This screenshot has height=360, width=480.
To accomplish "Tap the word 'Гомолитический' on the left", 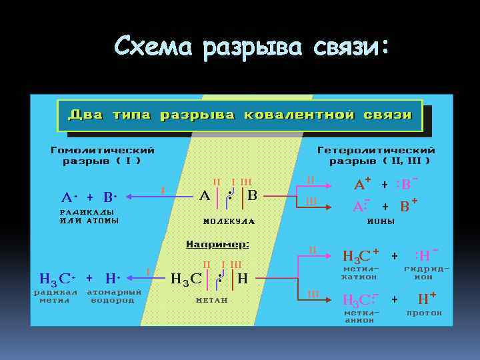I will tap(103, 150).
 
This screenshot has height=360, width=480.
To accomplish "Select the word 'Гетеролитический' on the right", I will tap(376, 150).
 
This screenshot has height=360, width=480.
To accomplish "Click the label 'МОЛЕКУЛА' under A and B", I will tap(229, 221).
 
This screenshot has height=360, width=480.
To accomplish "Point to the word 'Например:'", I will tap(217, 245).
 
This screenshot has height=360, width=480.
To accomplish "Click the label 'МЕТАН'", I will tap(212, 300).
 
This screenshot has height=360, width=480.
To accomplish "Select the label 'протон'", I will tap(424, 313).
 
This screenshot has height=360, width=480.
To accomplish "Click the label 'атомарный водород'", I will tap(114, 295).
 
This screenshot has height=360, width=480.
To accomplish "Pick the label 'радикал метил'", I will tap(55, 295).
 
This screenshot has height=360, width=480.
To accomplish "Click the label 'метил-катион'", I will tap(360, 273).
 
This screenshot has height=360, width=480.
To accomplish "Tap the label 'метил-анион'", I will tap(360, 316).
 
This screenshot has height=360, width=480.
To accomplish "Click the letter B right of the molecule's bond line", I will tap(251, 196).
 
